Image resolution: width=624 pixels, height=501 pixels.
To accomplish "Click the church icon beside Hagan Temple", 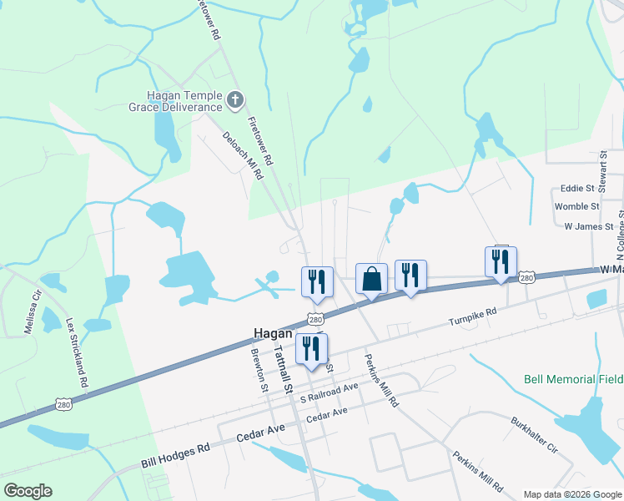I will [x=235, y=101].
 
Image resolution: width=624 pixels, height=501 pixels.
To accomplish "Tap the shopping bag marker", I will [x=370, y=278].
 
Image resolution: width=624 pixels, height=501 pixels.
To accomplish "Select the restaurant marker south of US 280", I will [x=311, y=349].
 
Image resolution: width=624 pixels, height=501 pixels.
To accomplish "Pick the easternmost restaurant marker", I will [x=501, y=261].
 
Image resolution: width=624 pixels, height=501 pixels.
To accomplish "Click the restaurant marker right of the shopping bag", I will [x=410, y=276].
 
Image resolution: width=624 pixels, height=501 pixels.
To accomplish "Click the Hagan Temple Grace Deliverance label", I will [x=175, y=101].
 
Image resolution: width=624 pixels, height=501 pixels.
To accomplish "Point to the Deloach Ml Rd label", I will [x=243, y=156].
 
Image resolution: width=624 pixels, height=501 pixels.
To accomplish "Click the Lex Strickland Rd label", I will [x=78, y=351].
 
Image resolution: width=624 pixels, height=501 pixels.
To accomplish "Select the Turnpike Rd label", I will [x=472, y=317].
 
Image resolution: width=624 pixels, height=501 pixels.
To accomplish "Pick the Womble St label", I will [x=576, y=206].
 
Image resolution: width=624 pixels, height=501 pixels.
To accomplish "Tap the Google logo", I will [x=28, y=491].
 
